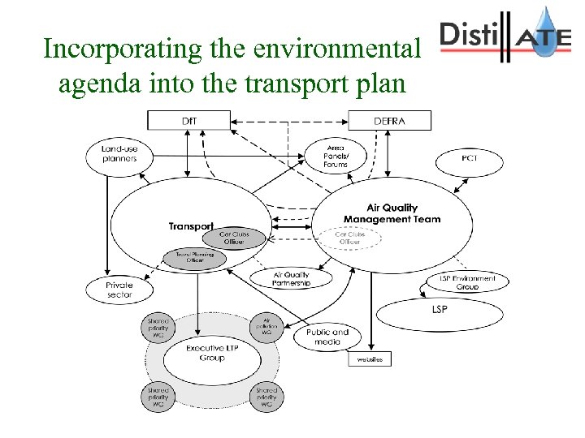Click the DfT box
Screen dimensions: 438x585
(x=188, y=121)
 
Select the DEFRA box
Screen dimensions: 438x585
(x=389, y=121)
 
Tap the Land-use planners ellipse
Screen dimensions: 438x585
(x=119, y=153)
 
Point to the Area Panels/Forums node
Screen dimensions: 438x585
(x=335, y=154)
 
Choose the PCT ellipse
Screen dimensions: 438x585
(x=469, y=159)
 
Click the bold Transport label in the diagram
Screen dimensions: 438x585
(x=191, y=226)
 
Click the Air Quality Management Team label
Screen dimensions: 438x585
(x=392, y=213)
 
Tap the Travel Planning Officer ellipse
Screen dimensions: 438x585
(x=189, y=258)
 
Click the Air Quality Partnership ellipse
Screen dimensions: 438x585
(x=280, y=278)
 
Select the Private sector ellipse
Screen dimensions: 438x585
(x=119, y=290)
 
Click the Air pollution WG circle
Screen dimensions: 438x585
(x=266, y=326)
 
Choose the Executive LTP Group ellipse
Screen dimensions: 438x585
(x=206, y=354)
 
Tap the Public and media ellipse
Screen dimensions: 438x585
(x=327, y=337)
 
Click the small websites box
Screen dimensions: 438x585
(x=370, y=358)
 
